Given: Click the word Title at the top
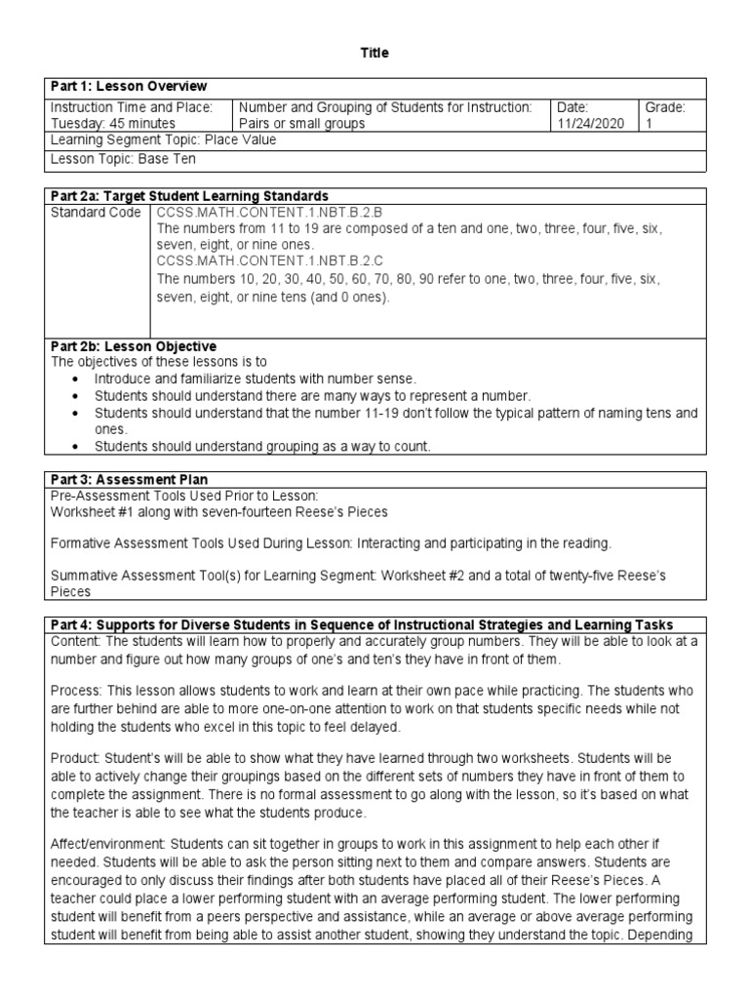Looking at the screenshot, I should [x=374, y=54].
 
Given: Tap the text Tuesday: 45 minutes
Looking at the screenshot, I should [x=112, y=124].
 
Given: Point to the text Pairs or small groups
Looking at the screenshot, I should [x=302, y=124].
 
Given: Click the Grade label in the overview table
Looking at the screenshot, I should [x=663, y=107].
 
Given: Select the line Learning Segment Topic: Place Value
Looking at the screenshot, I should [x=163, y=140].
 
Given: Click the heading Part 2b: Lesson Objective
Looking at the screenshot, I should [x=133, y=346].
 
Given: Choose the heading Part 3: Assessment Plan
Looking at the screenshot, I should [x=128, y=479].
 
